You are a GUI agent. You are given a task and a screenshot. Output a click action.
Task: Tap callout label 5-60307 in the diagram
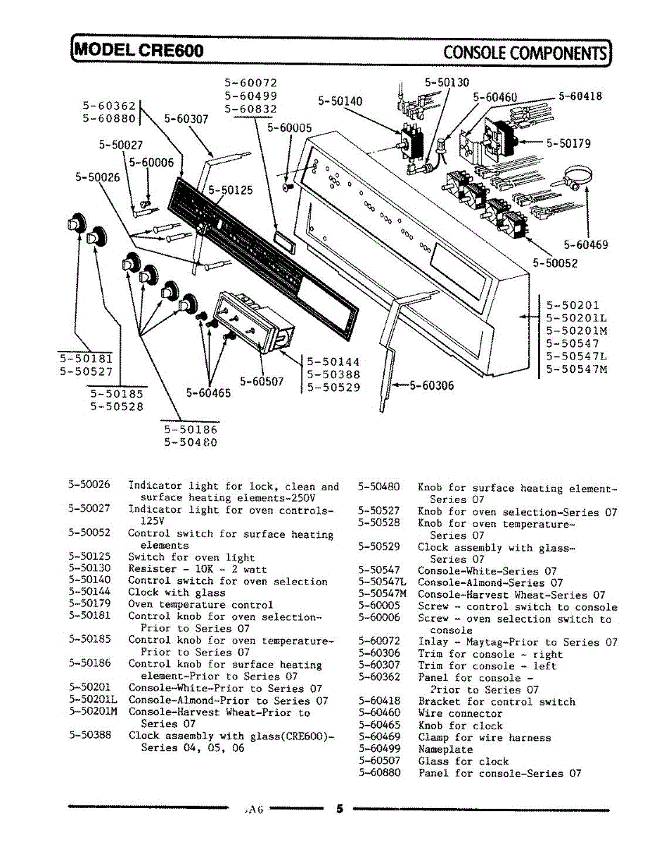click(186, 119)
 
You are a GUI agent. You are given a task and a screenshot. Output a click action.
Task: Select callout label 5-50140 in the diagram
click(340, 101)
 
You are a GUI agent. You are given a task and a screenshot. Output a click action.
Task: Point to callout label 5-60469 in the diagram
click(585, 245)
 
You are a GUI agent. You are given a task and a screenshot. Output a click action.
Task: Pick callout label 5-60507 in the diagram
click(262, 381)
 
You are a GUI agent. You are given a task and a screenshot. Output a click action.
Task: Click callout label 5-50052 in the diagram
click(555, 264)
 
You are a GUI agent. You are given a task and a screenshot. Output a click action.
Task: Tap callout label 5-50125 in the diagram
click(231, 190)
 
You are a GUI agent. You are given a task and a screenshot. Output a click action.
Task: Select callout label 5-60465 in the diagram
click(208, 393)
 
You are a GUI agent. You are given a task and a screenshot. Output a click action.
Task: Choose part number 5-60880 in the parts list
click(379, 774)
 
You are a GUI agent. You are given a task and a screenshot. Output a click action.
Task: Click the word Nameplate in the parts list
click(445, 750)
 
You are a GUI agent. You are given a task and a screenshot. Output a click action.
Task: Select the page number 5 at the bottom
click(339, 809)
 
